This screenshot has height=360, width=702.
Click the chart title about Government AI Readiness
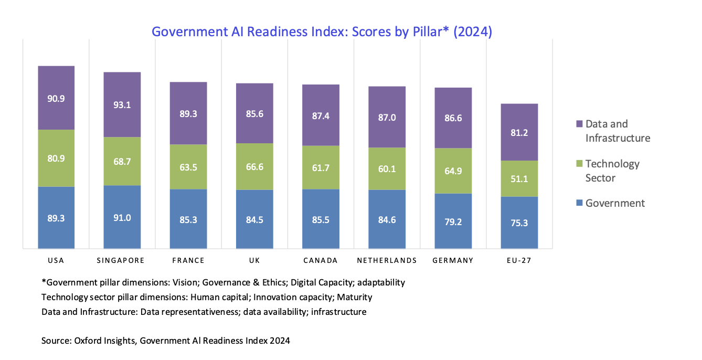pos(322,32)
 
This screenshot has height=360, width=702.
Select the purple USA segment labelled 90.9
pos(56,98)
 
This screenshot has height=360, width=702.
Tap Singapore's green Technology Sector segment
pos(122,161)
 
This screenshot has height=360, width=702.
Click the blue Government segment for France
pos(188,219)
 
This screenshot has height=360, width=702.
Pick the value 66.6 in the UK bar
pos(254,167)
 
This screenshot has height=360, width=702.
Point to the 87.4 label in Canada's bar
pos(321,115)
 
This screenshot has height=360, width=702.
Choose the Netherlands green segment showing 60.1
pos(387,168)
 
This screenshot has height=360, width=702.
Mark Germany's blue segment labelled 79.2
pos(453,222)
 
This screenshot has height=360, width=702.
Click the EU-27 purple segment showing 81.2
pos(519,133)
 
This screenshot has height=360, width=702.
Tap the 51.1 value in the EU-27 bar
pos(519,179)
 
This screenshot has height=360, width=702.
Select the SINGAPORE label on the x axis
pos(121,260)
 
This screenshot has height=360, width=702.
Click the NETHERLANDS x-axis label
pos(387,260)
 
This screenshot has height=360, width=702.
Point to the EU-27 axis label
pos(519,260)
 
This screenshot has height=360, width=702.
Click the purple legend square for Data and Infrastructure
pos(579,124)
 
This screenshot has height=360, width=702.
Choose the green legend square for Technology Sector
pos(579,164)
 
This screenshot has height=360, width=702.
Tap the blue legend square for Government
pos(579,203)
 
